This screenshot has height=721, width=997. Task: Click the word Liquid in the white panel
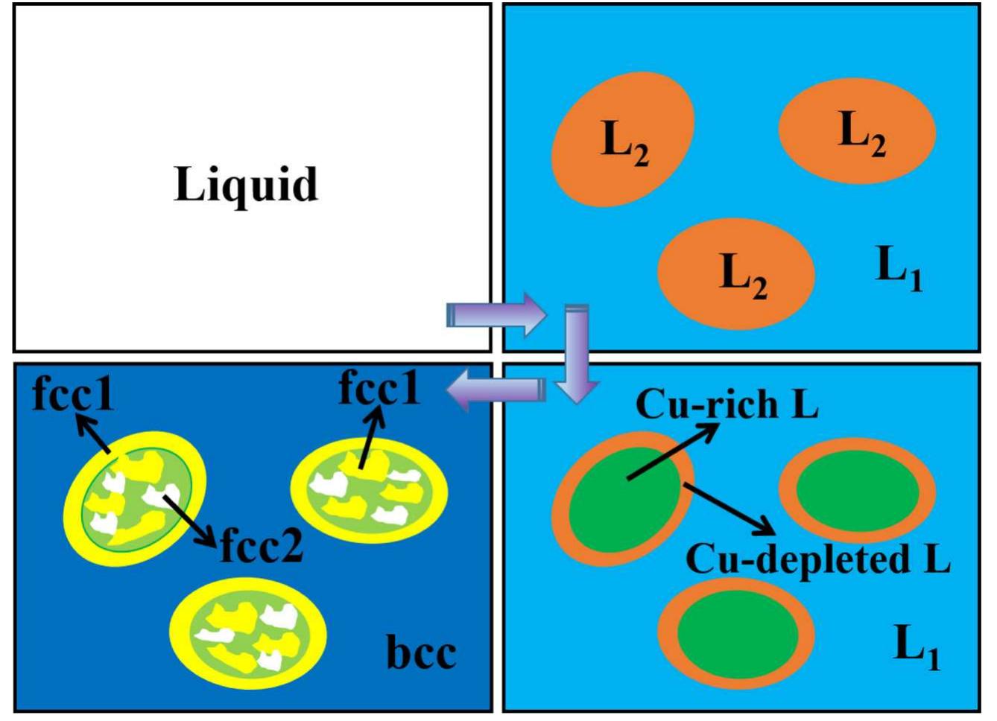pyautogui.click(x=246, y=185)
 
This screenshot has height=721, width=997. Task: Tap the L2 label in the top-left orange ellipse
pyautogui.click(x=624, y=142)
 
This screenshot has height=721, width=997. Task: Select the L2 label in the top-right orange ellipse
pyautogui.click(x=861, y=133)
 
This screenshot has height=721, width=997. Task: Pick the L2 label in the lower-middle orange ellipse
pyautogui.click(x=744, y=275)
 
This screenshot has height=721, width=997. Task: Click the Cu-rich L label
pyautogui.click(x=727, y=406)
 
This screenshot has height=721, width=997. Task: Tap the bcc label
pyautogui.click(x=421, y=653)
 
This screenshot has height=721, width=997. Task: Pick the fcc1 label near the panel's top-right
pyautogui.click(x=379, y=388)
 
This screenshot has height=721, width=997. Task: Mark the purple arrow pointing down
pyautogui.click(x=577, y=354)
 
